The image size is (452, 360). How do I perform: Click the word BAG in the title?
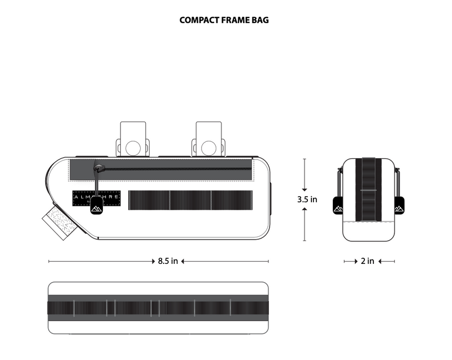click(x=260, y=20)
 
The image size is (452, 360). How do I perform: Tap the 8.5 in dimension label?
click(x=168, y=261)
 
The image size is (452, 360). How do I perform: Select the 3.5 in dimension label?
click(x=307, y=199)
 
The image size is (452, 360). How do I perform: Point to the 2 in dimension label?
click(x=367, y=261)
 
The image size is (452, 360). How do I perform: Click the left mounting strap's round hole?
click(x=133, y=148)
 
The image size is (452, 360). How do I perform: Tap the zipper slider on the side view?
click(x=99, y=168)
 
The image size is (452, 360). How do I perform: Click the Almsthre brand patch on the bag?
click(x=96, y=198)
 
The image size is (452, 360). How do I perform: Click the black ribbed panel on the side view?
click(x=190, y=199)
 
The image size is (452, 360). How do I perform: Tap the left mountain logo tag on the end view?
click(x=338, y=206)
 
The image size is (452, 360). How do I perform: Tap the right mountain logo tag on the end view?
click(x=399, y=206)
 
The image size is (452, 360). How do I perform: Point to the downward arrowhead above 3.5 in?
click(x=305, y=188)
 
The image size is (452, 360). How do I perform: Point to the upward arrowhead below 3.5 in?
click(x=305, y=210)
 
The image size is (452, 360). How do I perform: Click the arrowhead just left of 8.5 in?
click(x=154, y=261)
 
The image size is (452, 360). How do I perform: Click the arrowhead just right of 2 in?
click(x=380, y=261)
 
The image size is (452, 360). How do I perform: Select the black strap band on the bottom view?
click(x=158, y=307)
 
